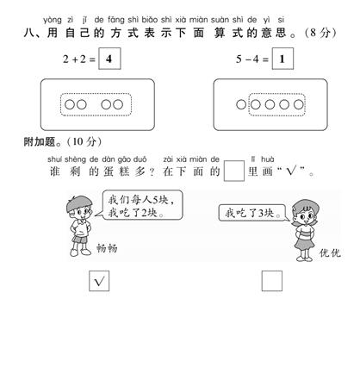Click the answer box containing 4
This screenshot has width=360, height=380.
tap(109, 59)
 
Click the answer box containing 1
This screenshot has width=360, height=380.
tap(282, 59)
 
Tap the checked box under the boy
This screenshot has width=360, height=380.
tap(99, 281)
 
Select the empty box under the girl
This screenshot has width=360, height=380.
tap(272, 281)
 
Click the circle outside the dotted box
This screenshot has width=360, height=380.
tap(241, 104)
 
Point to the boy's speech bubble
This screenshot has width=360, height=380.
tap(142, 205)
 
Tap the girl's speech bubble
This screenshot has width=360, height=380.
tap(254, 213)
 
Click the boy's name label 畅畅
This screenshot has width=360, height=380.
tap(107, 248)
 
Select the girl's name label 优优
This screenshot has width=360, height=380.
tap(330, 252)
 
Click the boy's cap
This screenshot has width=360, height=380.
tap(78, 202)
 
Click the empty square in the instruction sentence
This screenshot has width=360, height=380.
tap(234, 171)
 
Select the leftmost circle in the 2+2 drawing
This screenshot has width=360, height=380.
tap(70, 104)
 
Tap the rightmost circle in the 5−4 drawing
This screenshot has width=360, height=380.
tap(299, 104)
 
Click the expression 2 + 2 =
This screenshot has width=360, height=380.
tap(79, 59)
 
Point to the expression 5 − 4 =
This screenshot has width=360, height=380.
tap(252, 59)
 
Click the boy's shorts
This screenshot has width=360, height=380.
tap(80, 239)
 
